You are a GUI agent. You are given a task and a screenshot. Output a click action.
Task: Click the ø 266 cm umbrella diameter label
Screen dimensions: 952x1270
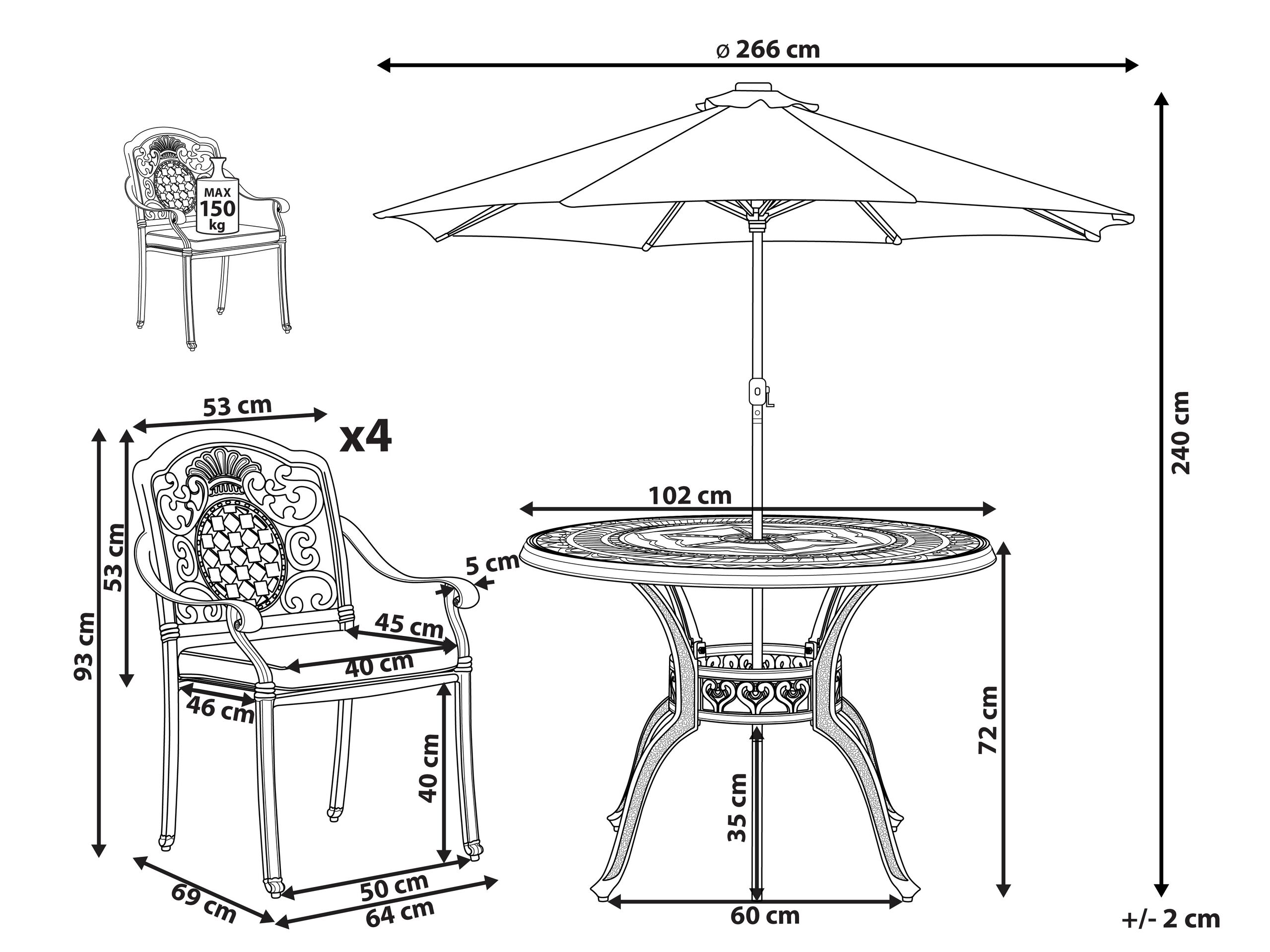(x=769, y=51)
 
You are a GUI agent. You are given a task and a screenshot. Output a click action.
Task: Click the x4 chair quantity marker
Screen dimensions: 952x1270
(x=366, y=436)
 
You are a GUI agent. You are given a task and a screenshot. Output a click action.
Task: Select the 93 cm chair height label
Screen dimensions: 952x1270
(x=84, y=645)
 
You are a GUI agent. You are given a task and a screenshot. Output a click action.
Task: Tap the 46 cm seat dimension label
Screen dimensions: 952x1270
(x=220, y=710)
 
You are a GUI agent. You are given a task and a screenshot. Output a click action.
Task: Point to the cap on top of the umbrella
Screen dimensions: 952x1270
(x=753, y=87)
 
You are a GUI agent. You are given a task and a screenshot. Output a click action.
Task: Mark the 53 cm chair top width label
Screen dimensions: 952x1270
(x=237, y=406)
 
